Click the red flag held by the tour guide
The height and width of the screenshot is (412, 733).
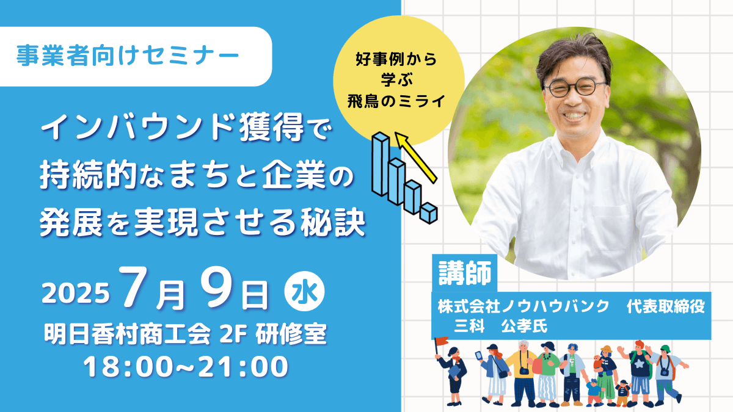(x=442, y=341)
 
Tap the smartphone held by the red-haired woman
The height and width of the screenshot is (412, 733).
(x=479, y=356)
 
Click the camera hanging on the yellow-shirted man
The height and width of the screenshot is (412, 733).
(x=524, y=371)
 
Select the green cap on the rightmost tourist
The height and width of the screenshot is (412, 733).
(x=665, y=349)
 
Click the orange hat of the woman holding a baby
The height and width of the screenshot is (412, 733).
(x=606, y=349)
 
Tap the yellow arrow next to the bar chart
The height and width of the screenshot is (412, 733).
(x=415, y=157)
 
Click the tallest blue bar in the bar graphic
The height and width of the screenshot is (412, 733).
(x=381, y=164)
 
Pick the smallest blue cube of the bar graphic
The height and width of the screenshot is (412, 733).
(x=429, y=213)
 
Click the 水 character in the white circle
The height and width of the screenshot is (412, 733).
(x=304, y=291)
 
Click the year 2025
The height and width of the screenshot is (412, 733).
(x=75, y=293)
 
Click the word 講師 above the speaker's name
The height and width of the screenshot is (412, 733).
(x=465, y=273)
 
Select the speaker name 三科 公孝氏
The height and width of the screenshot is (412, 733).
(x=500, y=327)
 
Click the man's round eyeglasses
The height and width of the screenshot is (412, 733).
(x=574, y=88)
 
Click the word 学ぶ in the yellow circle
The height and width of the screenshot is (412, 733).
(x=397, y=80)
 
